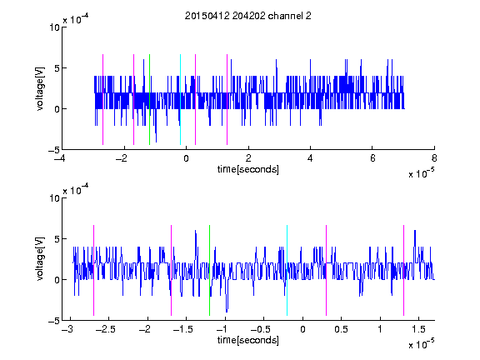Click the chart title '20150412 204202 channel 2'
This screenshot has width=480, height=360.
[x=248, y=16]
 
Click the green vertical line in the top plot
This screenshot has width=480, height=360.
[x=149, y=99]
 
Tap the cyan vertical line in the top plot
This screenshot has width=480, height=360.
[x=180, y=99]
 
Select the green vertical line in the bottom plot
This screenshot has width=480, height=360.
[x=209, y=270]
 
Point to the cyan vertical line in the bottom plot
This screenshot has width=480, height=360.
[x=287, y=270]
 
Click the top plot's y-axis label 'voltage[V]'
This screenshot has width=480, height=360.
[x=40, y=89]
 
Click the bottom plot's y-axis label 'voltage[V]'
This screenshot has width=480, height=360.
[x=40, y=259]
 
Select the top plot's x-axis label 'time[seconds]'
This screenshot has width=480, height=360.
[x=248, y=169]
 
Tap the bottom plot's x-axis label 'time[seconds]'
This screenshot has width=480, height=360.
[x=248, y=340]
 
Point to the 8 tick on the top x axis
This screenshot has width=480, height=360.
[x=434, y=158]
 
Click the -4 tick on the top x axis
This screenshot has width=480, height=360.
[x=60, y=158]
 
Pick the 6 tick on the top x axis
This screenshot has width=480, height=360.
[x=372, y=158]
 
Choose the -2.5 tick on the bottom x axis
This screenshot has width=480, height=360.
[x=105, y=329]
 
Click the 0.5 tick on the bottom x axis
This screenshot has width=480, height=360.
[x=341, y=329]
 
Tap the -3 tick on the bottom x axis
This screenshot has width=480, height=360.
[x=67, y=329]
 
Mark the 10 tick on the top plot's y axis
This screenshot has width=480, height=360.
[x=54, y=27]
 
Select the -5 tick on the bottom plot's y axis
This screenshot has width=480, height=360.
[x=54, y=321]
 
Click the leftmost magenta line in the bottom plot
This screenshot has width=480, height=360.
[x=93, y=270]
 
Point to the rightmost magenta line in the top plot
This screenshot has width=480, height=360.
[x=227, y=99]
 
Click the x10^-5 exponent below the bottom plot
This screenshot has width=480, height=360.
[x=421, y=344]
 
